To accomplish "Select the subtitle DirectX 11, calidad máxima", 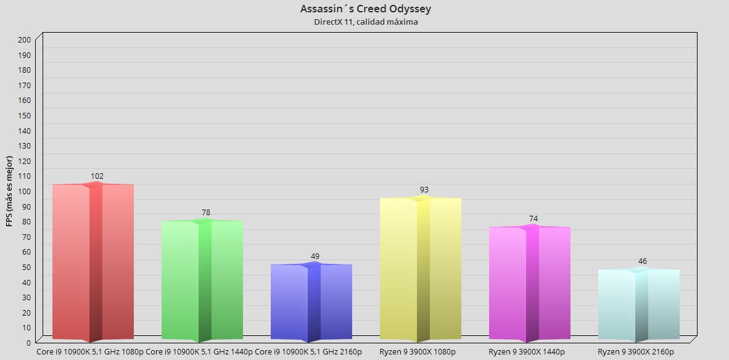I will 366,22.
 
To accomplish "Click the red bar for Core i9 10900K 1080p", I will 93,262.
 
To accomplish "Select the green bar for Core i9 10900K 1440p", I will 202,280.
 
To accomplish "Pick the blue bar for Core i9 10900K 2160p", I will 311,302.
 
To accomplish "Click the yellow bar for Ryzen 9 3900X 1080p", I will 421,269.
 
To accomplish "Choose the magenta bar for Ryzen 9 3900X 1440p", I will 530,284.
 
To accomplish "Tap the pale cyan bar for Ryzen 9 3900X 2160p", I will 639,305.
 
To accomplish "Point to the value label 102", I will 97,176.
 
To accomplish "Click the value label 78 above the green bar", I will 206,213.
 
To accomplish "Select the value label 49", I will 315,256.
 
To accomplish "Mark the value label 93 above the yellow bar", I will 424,190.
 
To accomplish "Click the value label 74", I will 533,219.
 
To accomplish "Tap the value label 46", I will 643,261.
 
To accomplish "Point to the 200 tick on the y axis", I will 24,39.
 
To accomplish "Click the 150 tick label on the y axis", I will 24,115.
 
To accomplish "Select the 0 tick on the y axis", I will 28,342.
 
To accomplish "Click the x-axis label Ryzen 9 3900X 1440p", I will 530,352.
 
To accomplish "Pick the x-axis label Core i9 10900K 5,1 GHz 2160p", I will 308,352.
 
